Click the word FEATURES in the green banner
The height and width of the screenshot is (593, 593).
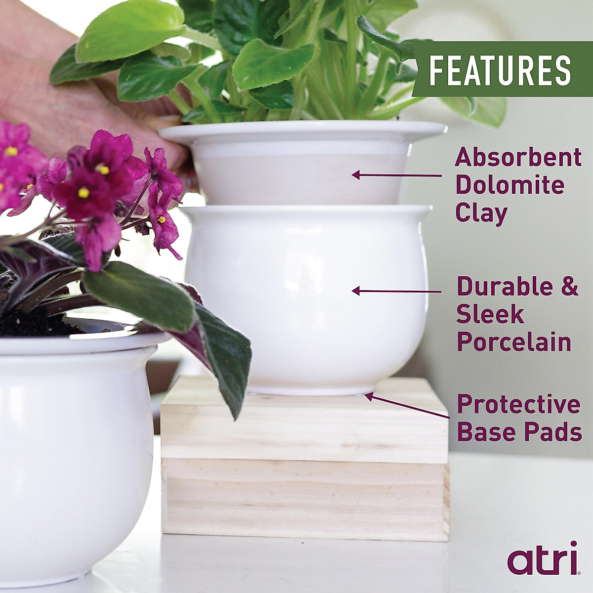pyautogui.click(x=500, y=70)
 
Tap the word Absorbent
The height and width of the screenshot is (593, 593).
pyautogui.click(x=518, y=158)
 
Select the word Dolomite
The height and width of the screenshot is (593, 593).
pyautogui.click(x=509, y=185)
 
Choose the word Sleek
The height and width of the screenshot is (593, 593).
pyautogui.click(x=490, y=314)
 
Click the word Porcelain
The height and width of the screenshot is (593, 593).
pyautogui.click(x=514, y=342)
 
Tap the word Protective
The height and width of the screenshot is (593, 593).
pyautogui.click(x=518, y=405)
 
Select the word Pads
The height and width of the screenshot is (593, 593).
pyautogui.click(x=557, y=432)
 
